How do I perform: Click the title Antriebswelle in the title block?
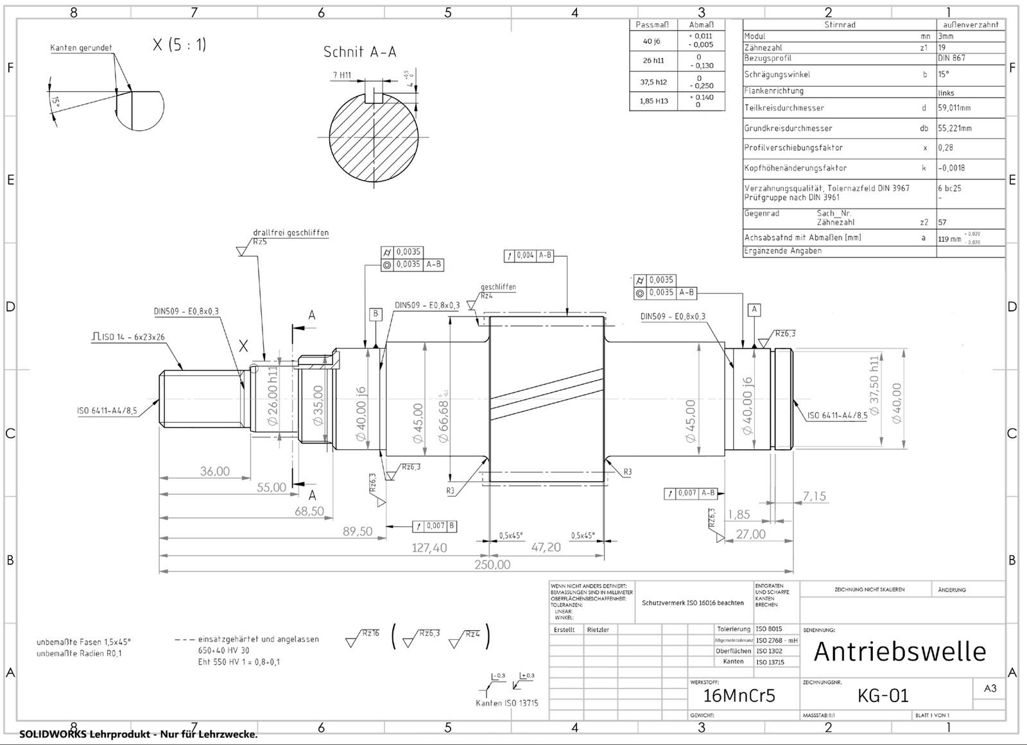point(899,652)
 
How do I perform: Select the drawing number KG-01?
point(883,696)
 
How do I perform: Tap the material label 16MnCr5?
point(739,696)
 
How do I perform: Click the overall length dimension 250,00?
point(492,565)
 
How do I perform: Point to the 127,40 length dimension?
point(429,548)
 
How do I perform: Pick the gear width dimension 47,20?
point(546,547)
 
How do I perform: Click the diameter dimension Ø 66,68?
point(443,421)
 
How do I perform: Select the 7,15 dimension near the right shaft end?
point(815,496)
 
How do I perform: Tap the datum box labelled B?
point(375,314)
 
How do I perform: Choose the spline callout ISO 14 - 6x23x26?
point(128,337)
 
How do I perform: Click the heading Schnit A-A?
point(359,52)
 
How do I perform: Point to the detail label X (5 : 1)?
point(179,45)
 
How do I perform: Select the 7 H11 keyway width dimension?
point(341,75)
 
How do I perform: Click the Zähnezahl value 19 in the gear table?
point(942,47)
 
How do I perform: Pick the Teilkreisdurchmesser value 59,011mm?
point(954,108)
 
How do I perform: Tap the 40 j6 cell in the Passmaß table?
point(652,41)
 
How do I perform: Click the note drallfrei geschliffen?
point(290,232)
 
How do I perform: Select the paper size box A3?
point(990,688)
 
